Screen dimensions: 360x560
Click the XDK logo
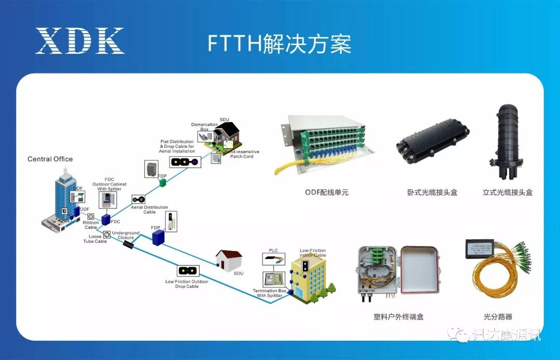coord(80,41)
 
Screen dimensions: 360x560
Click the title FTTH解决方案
coord(279,44)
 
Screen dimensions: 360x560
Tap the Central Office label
coord(50,159)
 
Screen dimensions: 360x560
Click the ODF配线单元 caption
coord(327,192)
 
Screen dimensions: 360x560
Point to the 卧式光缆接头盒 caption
coord(432,192)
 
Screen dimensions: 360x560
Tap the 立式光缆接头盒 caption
coord(508,192)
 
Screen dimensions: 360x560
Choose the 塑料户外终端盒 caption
coord(395,316)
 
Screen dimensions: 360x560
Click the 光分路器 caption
coord(498,316)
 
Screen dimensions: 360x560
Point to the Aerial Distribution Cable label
coord(149,210)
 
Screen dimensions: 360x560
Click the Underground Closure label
coord(126,236)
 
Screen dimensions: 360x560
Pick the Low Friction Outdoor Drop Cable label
coord(187,284)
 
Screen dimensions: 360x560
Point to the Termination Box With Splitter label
coord(270,293)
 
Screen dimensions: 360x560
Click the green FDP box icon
coord(162,183)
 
